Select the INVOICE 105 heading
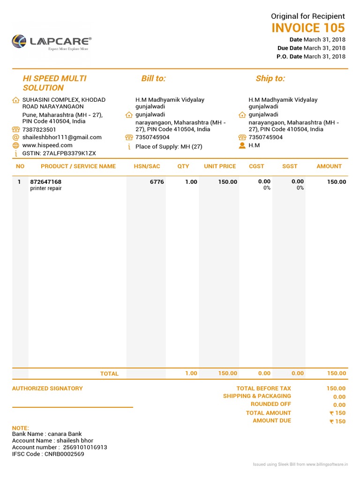[x=308, y=28]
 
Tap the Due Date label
[x=290, y=48]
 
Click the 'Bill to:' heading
[x=153, y=78]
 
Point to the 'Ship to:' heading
[x=270, y=78]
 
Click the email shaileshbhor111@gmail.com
[x=62, y=137]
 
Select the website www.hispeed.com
[x=47, y=145]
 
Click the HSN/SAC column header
[x=147, y=166]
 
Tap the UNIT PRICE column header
[x=220, y=166]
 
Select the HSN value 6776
[x=157, y=182]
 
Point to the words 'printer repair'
[x=46, y=188]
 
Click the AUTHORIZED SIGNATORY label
[x=47, y=388]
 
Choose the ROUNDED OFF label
[x=271, y=404]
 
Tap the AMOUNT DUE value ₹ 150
[x=337, y=421]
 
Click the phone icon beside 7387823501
[x=16, y=130]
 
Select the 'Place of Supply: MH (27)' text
[x=169, y=147]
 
